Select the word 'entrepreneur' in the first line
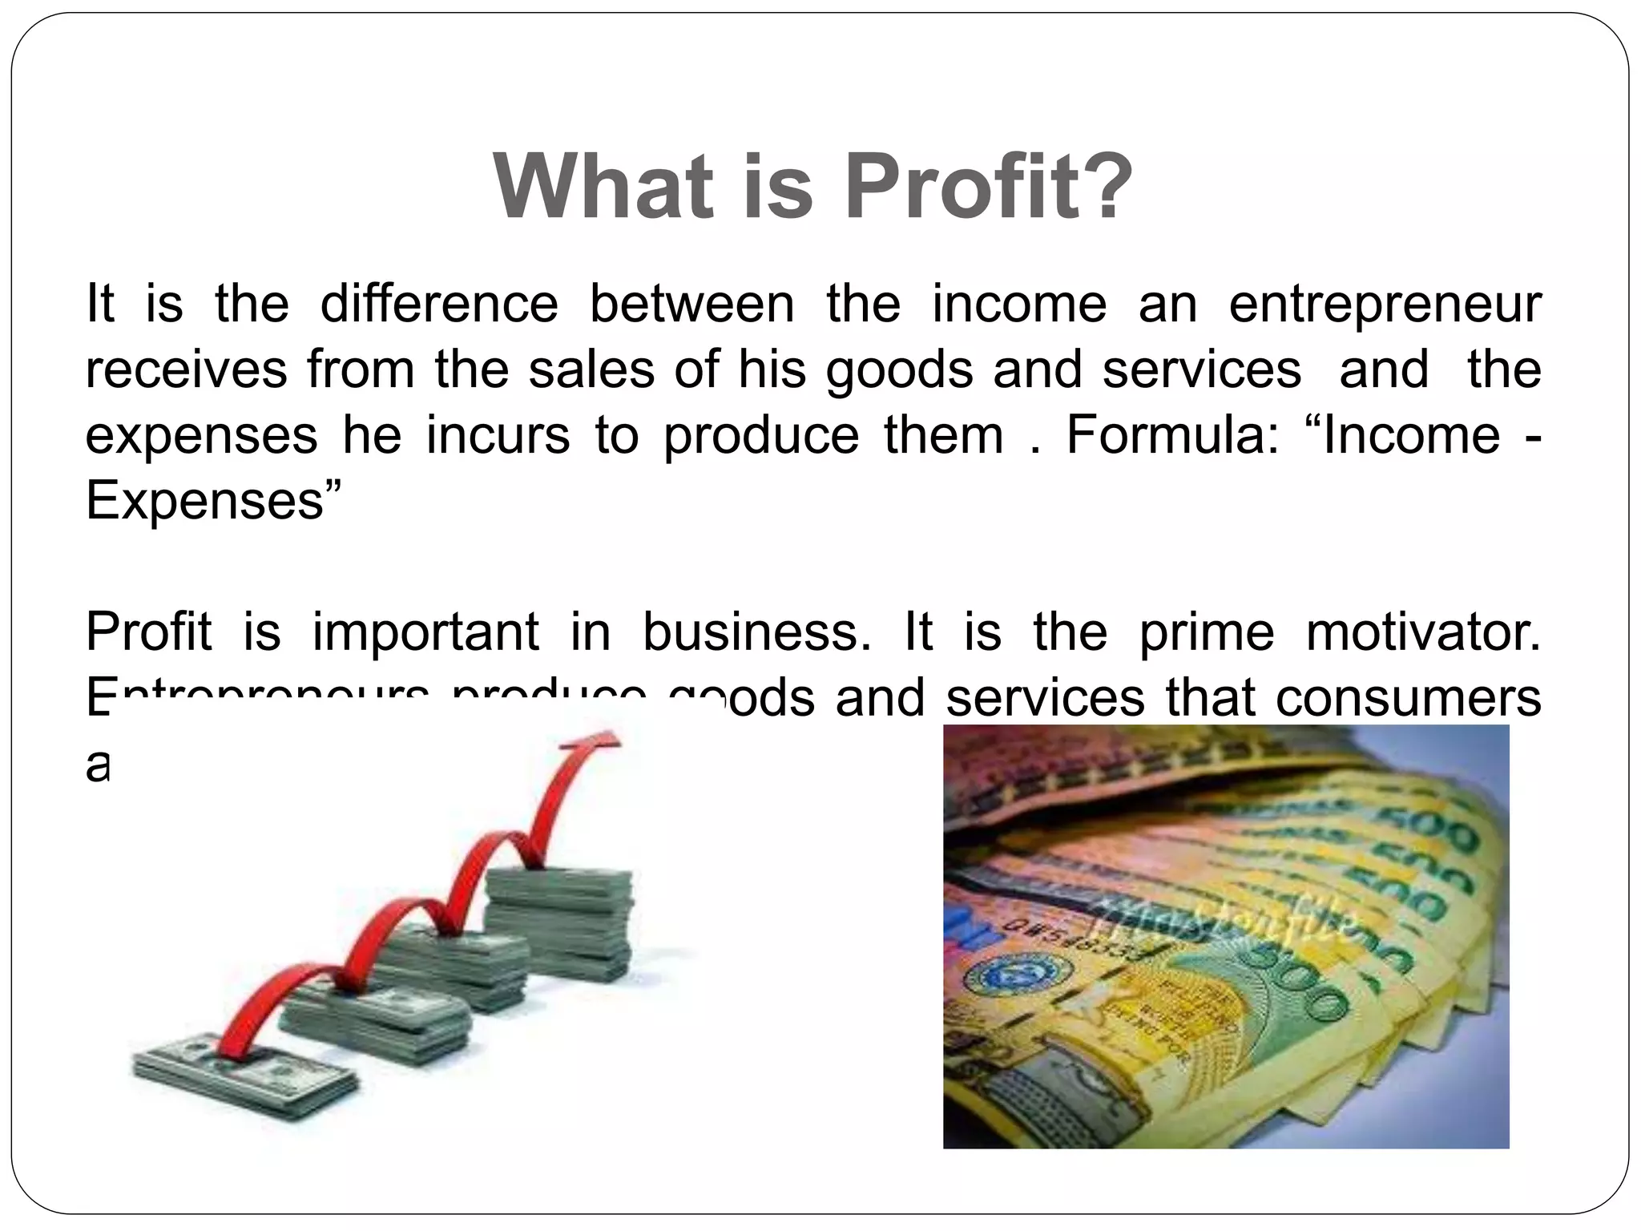click(1385, 305)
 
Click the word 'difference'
click(439, 305)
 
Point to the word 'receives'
click(186, 370)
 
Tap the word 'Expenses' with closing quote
click(213, 502)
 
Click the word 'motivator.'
click(1423, 632)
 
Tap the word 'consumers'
click(1408, 698)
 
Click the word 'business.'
click(757, 632)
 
